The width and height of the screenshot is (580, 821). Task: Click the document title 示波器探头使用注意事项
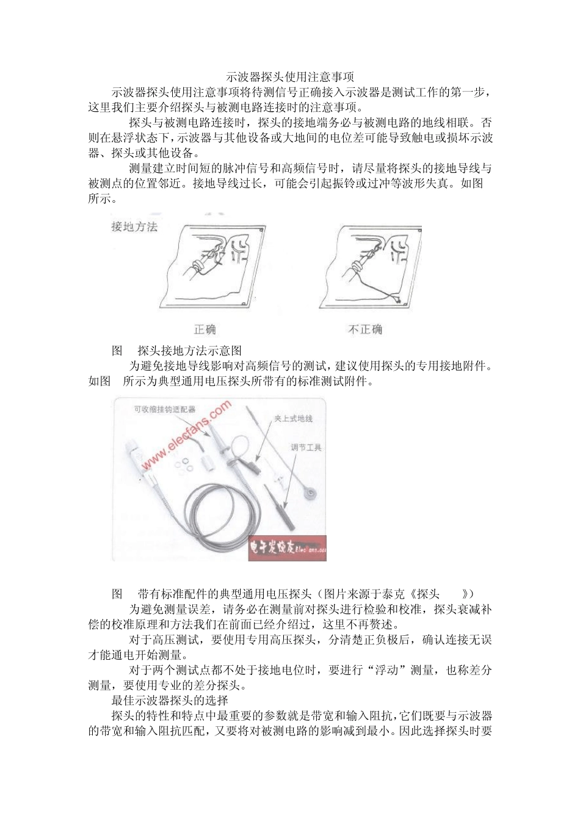point(290,78)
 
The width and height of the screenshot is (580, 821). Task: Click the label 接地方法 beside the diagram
point(134,227)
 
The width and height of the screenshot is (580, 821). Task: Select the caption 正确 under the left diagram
point(205,329)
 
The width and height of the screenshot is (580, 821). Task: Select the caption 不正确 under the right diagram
point(365,329)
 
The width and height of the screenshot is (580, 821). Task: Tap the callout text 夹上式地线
point(293,418)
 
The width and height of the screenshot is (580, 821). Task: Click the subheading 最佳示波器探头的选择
point(170,700)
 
